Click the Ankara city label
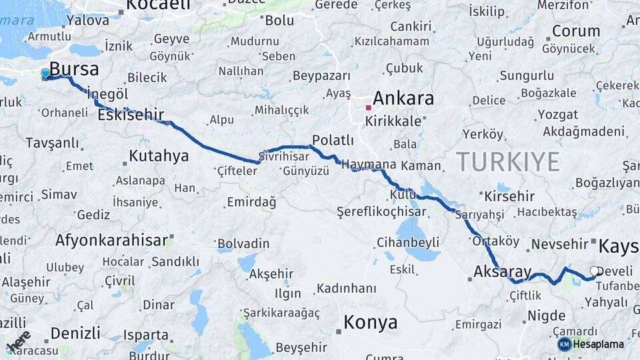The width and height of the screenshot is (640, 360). [403, 99]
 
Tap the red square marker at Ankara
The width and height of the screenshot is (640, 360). [368, 107]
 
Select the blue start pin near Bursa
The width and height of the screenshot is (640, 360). [45, 73]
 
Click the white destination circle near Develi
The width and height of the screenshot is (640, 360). [595, 271]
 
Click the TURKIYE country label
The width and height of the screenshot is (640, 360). [508, 161]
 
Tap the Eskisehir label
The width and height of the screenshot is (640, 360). [131, 115]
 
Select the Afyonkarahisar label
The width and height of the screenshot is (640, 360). [111, 239]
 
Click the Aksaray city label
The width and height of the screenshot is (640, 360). [503, 271]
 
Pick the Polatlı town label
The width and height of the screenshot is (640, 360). [333, 140]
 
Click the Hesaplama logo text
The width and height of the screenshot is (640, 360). [598, 344]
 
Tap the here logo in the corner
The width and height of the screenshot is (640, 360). [19, 341]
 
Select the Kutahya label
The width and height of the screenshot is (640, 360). [159, 156]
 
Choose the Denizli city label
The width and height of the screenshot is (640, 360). [75, 333]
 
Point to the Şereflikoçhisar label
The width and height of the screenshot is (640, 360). [381, 211]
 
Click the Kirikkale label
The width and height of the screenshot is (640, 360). [393, 121]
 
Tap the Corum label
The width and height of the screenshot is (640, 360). [576, 31]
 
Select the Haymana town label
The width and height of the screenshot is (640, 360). [369, 164]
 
